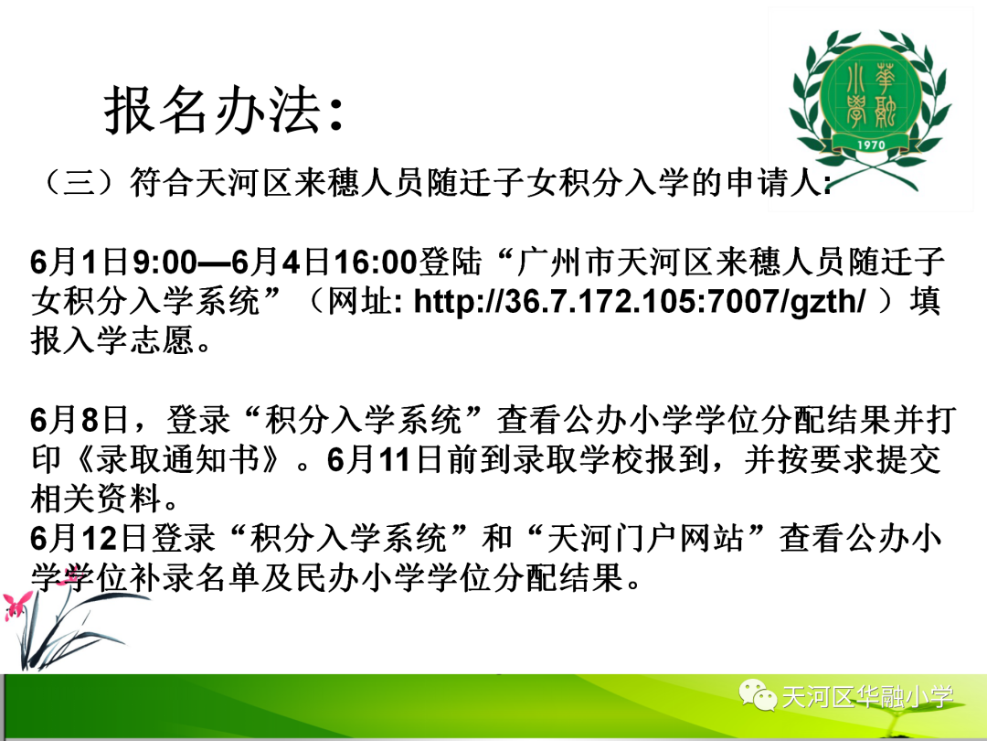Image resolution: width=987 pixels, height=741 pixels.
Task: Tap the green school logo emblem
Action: click(x=871, y=107)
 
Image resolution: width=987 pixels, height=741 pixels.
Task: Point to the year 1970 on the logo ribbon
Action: click(x=871, y=145)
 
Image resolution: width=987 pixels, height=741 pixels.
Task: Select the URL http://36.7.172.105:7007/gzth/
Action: click(x=640, y=301)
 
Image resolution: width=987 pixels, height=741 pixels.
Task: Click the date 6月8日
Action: click(x=80, y=420)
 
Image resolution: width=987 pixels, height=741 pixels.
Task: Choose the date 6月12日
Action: click(x=88, y=538)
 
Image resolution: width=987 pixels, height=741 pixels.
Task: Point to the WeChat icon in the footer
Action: click(x=758, y=694)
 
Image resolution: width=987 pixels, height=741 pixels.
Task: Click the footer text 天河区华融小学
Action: click(x=867, y=697)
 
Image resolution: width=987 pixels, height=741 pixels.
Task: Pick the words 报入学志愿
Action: click(x=112, y=341)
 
